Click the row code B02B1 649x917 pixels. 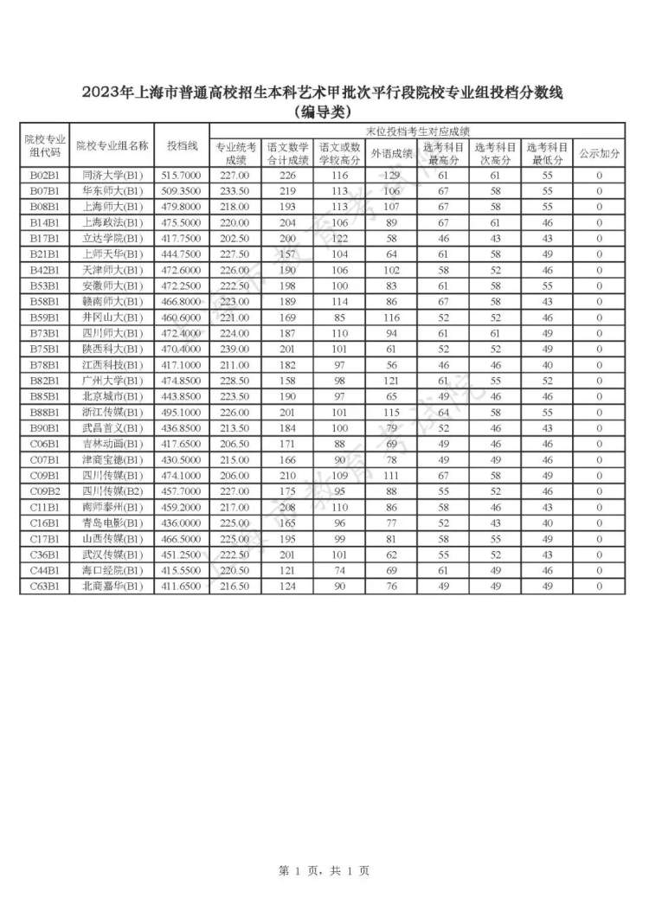pos(44,176)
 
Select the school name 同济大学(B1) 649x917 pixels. pos(112,176)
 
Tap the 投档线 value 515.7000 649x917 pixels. pos(182,176)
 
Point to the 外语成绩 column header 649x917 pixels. pos(391,153)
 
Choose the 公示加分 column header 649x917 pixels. pos(599,153)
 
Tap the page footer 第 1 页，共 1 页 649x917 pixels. pos(324,871)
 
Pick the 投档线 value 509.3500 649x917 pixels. pos(182,191)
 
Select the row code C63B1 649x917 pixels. pos(44,587)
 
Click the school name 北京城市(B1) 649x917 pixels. pos(112,397)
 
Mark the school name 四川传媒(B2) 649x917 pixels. pos(112,491)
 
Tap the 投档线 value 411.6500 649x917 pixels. pos(182,587)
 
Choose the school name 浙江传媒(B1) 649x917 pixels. pos(112,413)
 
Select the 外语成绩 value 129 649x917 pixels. pos(391,176)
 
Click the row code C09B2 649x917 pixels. pos(44,491)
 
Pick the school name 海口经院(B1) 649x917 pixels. pos(112,571)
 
